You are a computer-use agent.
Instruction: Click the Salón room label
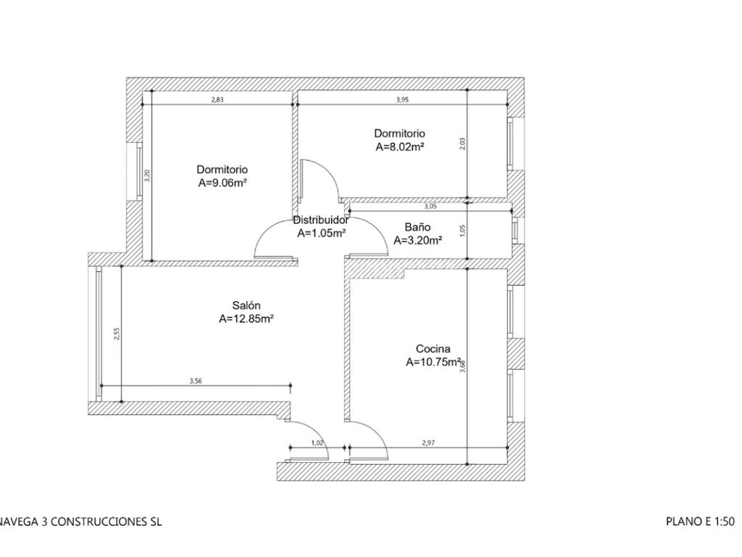coord(246,305)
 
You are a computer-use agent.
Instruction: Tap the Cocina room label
coord(433,349)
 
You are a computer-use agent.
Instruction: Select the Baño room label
coord(417,227)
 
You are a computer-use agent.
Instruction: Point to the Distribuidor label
coord(321,220)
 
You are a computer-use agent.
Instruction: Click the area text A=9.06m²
coord(222,183)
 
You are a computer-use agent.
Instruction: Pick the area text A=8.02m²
coord(399,147)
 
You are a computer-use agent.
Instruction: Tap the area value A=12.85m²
coord(246,319)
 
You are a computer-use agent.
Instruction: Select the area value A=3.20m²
coord(418,240)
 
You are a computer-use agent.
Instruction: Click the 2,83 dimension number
coord(217,99)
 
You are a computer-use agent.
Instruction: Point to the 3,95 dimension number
coord(402,99)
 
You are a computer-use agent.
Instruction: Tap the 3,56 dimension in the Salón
coord(196,380)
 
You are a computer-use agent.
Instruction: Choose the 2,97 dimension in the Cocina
coord(428,443)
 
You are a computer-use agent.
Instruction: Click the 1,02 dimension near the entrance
coord(317,443)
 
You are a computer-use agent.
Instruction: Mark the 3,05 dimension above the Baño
coord(430,206)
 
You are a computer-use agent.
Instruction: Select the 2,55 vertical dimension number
coord(117,334)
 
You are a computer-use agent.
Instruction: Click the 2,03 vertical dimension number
coord(463,144)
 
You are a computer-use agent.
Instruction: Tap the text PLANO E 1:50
coord(701,521)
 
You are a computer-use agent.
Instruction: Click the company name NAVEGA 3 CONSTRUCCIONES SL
coord(80,521)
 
